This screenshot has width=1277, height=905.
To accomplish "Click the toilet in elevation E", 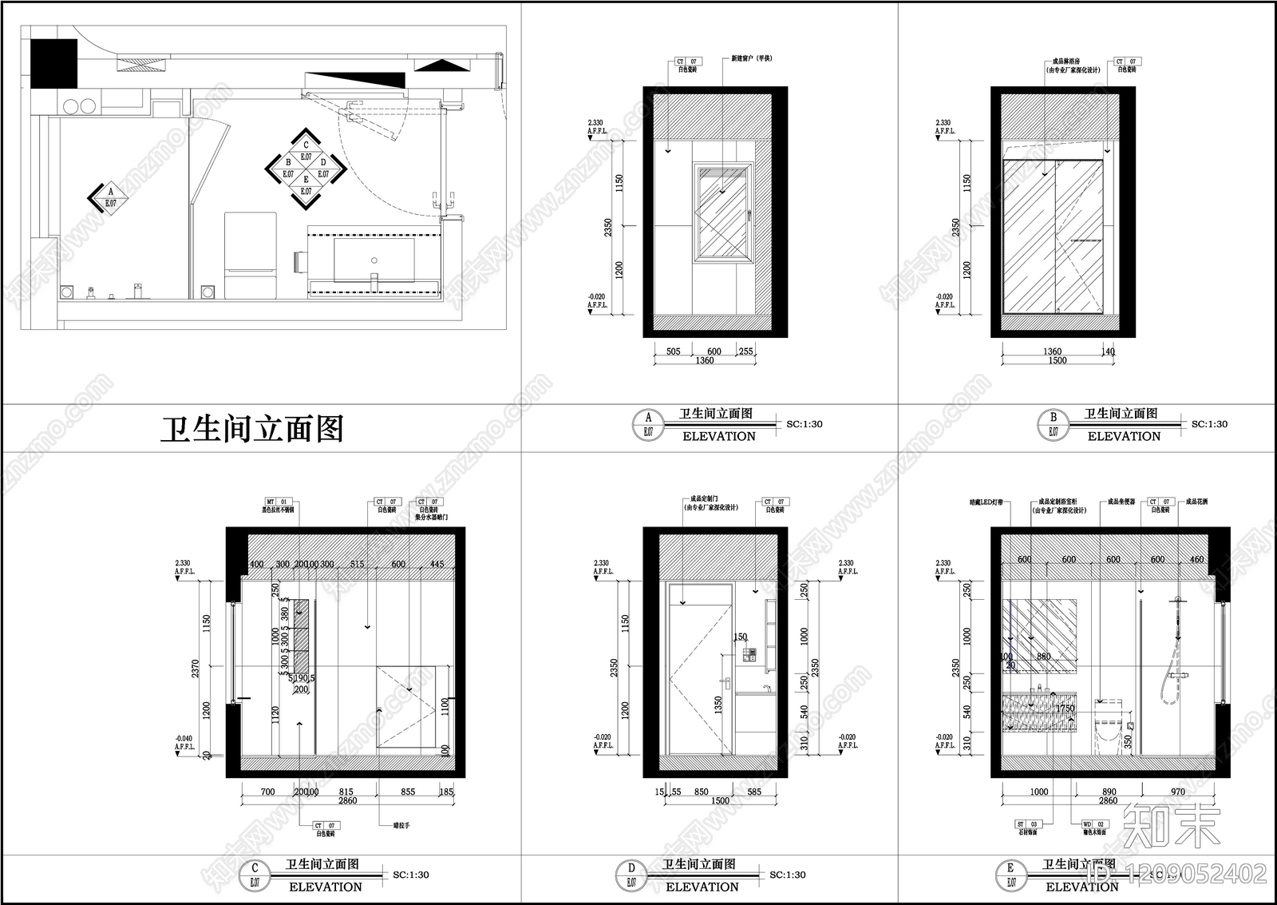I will pyautogui.click(x=1109, y=723).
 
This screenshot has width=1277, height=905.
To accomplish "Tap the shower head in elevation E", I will pyautogui.click(x=1176, y=599).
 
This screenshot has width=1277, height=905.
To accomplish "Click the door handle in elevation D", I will pyautogui.click(x=725, y=681).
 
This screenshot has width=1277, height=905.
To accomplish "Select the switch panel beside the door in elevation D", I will pyautogui.click(x=749, y=656).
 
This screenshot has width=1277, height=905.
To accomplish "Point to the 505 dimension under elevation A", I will pyautogui.click(x=673, y=351).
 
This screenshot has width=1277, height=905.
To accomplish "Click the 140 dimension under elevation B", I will pyautogui.click(x=1108, y=351).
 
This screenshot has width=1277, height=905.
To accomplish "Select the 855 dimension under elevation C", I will pyautogui.click(x=407, y=792).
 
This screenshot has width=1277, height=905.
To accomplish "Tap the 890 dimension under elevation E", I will pyautogui.click(x=1109, y=792).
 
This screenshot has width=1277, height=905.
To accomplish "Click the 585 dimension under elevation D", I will pyautogui.click(x=753, y=792).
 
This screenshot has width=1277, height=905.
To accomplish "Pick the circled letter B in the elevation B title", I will pyautogui.click(x=1053, y=417).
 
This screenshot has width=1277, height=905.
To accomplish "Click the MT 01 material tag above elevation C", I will pyautogui.click(x=275, y=502).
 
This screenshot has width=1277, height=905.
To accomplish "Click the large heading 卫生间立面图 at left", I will pyautogui.click(x=252, y=430).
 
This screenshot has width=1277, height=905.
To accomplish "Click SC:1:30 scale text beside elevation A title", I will pyautogui.click(x=804, y=424).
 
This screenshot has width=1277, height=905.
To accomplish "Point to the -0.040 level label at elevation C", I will pyautogui.click(x=184, y=738).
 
